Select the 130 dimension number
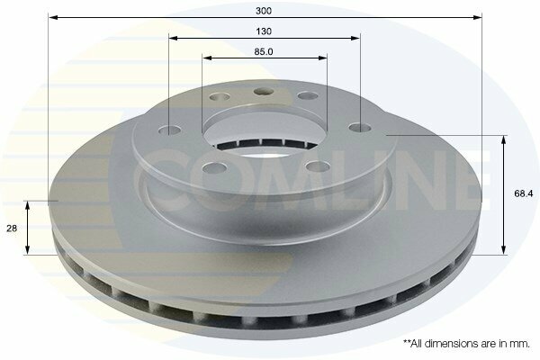pyautogui.click(x=265, y=31)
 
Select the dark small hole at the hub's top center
pyautogui.click(x=263, y=91)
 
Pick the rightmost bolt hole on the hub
pyautogui.click(x=359, y=128)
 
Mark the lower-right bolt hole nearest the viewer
pyautogui.click(x=315, y=166)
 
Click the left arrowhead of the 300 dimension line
pyautogui.click(x=51, y=17)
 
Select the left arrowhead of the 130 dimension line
pyautogui.click(x=173, y=39)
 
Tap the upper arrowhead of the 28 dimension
pyautogui.click(x=29, y=204)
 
